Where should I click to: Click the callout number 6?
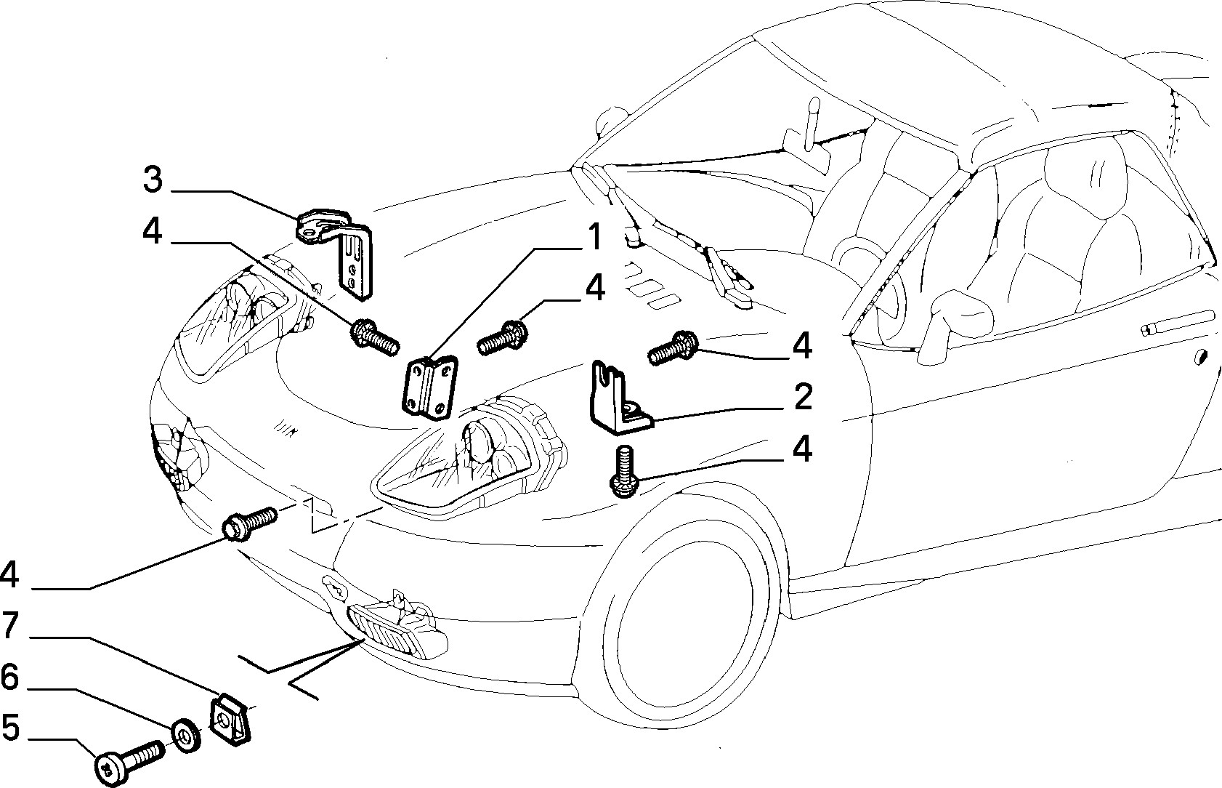[x=9, y=677]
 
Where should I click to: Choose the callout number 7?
[x=10, y=625]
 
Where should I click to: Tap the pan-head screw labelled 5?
[x=129, y=760]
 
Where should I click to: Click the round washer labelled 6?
[x=186, y=736]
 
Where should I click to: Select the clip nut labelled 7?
[x=230, y=719]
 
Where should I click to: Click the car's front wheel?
[x=684, y=611]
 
